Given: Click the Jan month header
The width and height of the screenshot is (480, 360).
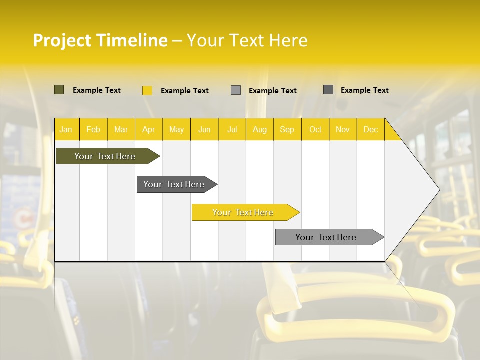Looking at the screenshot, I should coord(66,129).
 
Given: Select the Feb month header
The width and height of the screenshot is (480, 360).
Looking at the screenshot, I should coord(93,129).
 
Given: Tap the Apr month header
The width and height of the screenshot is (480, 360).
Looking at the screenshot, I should coord(148,129).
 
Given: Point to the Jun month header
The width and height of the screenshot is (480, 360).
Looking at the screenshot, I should coord(204,129).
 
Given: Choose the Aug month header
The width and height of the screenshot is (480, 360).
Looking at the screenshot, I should coord(259,129).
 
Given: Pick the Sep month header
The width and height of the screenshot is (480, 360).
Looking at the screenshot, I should coord(287,129).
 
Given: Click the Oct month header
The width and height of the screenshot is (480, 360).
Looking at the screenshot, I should coord(315,129).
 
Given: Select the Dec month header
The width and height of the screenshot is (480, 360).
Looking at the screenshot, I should coord(370,129).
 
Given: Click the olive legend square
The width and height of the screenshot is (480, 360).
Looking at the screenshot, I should coord(59,90).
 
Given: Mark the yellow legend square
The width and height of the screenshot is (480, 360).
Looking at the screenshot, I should coord(147,90).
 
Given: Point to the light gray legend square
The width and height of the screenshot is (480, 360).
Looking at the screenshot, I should coord(236,90).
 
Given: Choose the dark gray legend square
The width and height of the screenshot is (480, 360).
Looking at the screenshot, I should coord(328,90).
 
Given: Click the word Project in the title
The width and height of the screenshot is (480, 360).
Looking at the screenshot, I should coord(62,40).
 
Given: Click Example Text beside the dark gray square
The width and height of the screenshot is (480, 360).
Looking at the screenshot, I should coord(364,90).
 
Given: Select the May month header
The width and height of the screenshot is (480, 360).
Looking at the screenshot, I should coord(176,129).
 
